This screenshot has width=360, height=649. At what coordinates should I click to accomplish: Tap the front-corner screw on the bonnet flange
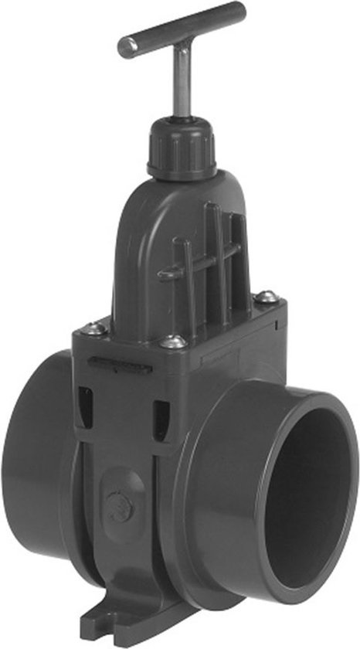(x=173, y=341)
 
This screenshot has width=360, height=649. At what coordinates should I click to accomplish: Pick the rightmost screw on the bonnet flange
(x=265, y=296)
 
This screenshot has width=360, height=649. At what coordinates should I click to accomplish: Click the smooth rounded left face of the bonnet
(x=139, y=255)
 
